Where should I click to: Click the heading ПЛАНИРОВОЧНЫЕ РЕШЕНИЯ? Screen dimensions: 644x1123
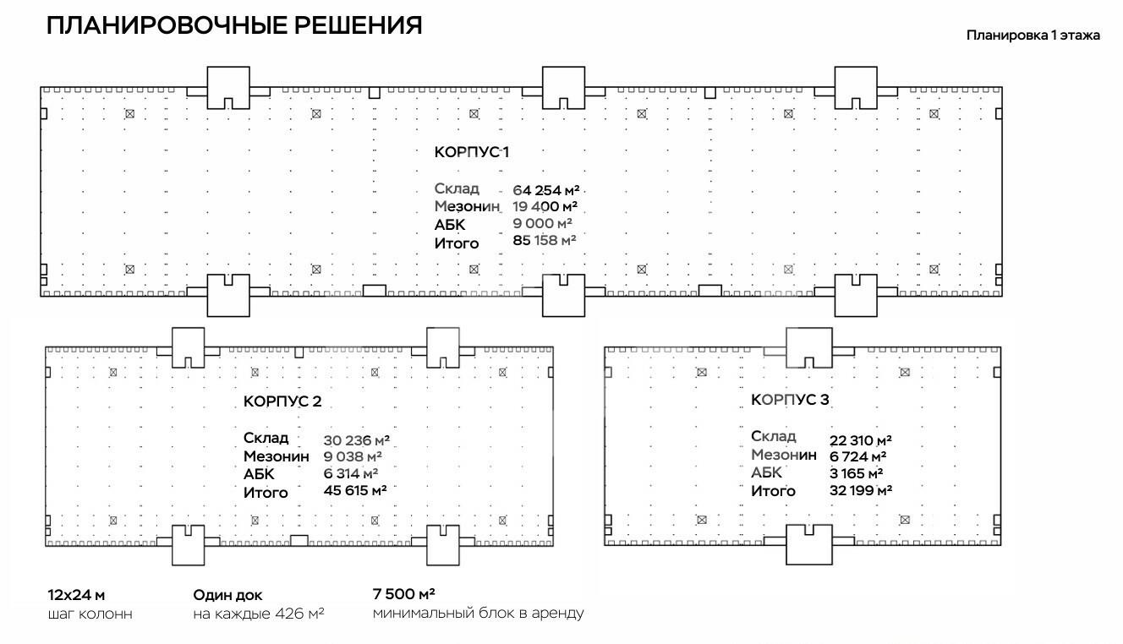234,25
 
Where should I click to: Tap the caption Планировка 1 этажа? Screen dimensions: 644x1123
1033,35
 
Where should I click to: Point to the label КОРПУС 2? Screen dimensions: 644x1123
282,401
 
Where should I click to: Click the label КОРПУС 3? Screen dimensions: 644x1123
790,400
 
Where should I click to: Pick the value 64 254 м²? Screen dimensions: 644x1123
545,189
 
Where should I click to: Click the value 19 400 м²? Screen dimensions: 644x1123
545,206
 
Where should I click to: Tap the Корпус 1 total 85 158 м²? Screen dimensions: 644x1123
545,241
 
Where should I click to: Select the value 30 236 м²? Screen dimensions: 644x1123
356,440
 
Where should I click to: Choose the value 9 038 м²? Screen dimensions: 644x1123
352,457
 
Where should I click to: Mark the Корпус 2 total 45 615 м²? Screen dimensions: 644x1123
355,490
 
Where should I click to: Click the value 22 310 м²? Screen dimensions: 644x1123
861,439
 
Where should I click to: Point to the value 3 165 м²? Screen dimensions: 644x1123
857,473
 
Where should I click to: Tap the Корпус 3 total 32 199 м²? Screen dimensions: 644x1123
861,489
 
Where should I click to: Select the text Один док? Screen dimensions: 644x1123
227,595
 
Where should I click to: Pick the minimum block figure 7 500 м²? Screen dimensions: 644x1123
403,593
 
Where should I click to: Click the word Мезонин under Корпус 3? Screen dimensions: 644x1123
784,455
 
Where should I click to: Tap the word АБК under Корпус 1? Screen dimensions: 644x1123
450,225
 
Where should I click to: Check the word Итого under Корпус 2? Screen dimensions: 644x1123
266,492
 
